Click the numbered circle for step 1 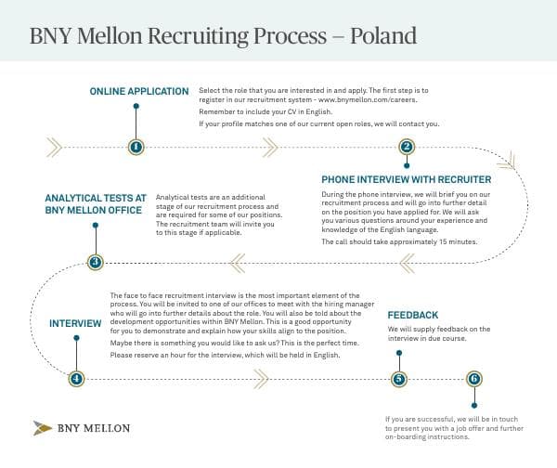(x=136, y=146)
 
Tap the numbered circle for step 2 (x=406, y=146)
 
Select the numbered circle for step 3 (x=95, y=262)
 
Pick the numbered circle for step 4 (x=77, y=378)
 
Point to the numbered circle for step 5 (x=399, y=378)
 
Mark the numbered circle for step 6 (x=474, y=378)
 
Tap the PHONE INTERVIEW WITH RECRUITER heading (x=407, y=178)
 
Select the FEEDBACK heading (x=413, y=316)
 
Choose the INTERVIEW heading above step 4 (x=75, y=323)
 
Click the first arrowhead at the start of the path (x=49, y=146)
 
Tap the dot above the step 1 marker (x=136, y=107)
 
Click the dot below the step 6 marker (x=474, y=404)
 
